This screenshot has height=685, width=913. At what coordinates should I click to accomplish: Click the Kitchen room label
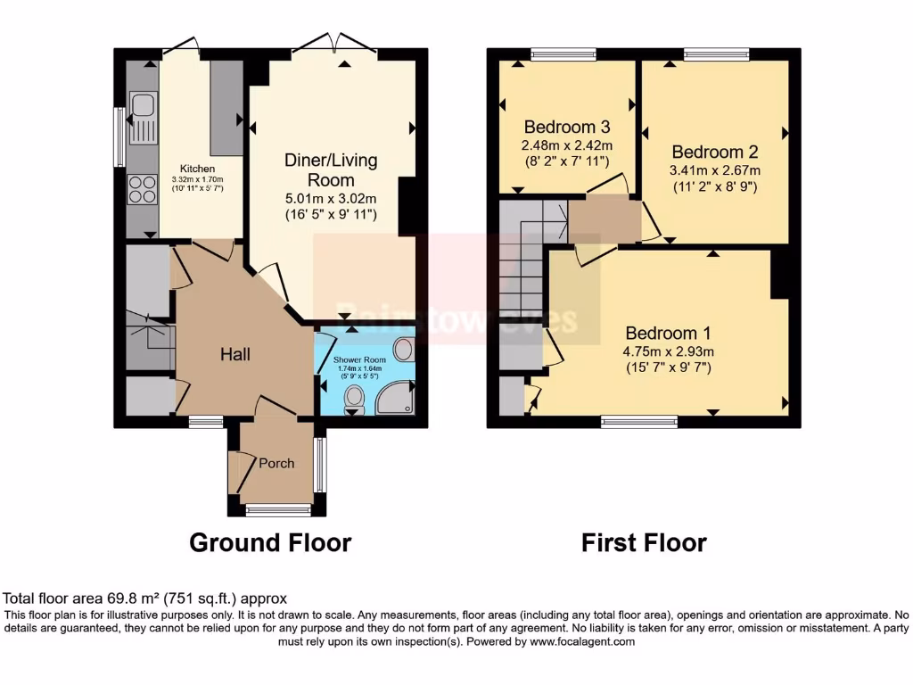pyautogui.click(x=197, y=169)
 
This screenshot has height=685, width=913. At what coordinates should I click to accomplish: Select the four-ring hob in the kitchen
pyautogui.click(x=142, y=190)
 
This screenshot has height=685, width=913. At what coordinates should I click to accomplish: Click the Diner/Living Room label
pyautogui.click(x=331, y=169)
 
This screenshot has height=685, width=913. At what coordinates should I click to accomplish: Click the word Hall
pyautogui.click(x=235, y=354)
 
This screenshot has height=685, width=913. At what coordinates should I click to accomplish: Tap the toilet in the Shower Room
pyautogui.click(x=354, y=400)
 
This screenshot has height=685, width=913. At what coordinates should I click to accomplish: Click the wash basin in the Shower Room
pyautogui.click(x=403, y=349)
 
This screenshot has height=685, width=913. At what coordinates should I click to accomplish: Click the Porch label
pyautogui.click(x=276, y=463)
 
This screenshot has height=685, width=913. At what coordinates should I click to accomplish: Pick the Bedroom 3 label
pyautogui.click(x=565, y=126)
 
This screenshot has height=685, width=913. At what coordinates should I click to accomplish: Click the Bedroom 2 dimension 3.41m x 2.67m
pyautogui.click(x=715, y=170)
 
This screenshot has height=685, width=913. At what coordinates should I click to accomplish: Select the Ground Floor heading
pyautogui.click(x=270, y=542)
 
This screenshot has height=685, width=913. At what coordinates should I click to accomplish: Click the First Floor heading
pyautogui.click(x=644, y=542)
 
